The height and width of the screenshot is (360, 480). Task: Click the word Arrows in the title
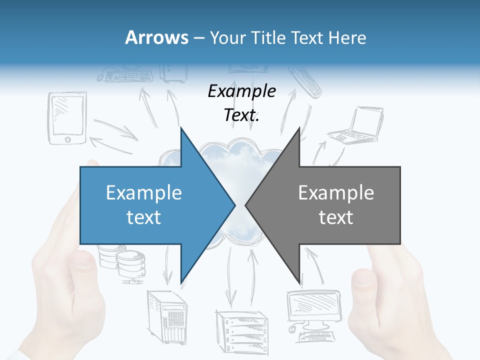coord(156,37)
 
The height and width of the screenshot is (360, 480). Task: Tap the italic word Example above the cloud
coord(241,91)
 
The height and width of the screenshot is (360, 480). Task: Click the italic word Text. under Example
coord(241,115)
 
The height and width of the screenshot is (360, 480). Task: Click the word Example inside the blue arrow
coord(143,193)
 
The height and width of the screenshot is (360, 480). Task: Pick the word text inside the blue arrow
coord(143,217)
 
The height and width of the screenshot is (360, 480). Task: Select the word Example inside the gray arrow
coord(336,193)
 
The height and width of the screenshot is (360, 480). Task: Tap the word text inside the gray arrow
coord(336,217)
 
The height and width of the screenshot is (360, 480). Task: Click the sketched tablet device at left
coord(67,118)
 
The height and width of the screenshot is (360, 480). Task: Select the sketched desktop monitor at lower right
coord(310,310)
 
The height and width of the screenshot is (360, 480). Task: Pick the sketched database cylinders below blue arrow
coord(122,262)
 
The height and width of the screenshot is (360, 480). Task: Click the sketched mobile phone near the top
coord(304,80)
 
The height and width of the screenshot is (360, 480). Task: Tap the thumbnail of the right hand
coord(363,278)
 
